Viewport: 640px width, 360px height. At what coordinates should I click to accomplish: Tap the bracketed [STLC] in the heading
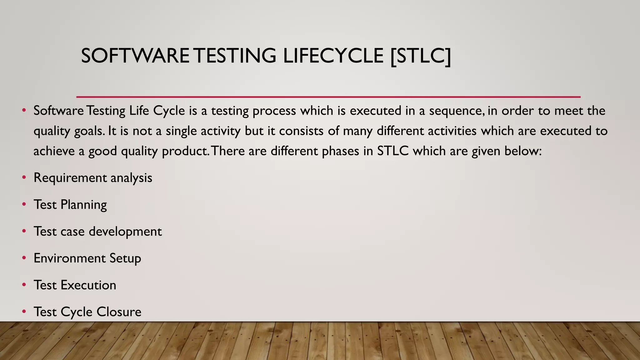[421, 56]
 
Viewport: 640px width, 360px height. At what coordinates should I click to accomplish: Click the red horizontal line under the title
[328, 97]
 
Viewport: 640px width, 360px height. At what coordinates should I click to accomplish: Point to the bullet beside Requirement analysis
[24, 178]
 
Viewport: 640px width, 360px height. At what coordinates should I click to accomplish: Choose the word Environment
[69, 258]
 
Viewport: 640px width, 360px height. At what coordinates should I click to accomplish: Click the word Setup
[125, 258]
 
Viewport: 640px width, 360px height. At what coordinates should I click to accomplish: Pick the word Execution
[88, 285]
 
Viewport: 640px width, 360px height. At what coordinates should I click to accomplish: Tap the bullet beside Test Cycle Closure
[24, 312]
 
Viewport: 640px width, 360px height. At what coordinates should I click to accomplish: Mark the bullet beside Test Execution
[24, 285]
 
